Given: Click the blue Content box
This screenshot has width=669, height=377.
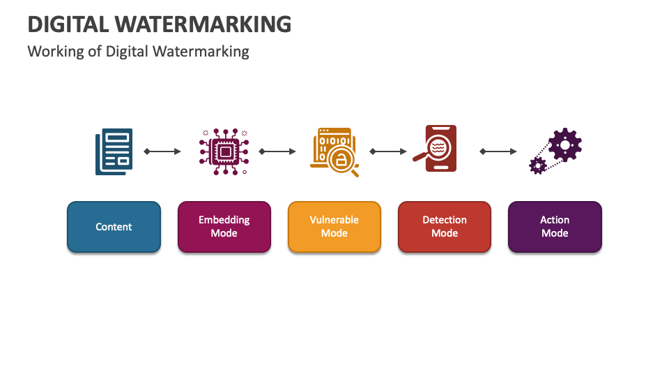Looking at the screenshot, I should tap(114, 227).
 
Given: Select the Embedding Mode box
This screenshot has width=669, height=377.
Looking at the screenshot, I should tap(224, 227).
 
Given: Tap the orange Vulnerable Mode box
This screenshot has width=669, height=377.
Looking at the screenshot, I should tap(334, 227).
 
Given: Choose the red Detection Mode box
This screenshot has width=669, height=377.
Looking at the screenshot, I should tap(444, 227).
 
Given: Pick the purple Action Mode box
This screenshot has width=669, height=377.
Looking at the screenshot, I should tap(555, 227).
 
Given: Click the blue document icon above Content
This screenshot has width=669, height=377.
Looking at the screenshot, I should tap(114, 151).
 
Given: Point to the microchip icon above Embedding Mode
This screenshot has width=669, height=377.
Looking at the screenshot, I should tap(224, 151).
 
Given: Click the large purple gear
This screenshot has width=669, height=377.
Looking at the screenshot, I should tap(564, 145).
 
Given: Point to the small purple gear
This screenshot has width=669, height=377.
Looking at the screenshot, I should tap(537, 165).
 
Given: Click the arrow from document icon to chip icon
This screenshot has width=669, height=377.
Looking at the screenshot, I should tap(162, 151).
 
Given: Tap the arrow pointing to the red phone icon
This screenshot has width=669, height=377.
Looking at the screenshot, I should tap(388, 151).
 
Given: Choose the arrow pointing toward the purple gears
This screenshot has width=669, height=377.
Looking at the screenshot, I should tap(498, 151).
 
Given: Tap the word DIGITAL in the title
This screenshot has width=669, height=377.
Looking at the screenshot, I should tap(67, 24).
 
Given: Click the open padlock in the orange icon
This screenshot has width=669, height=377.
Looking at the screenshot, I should tap(341, 161).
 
